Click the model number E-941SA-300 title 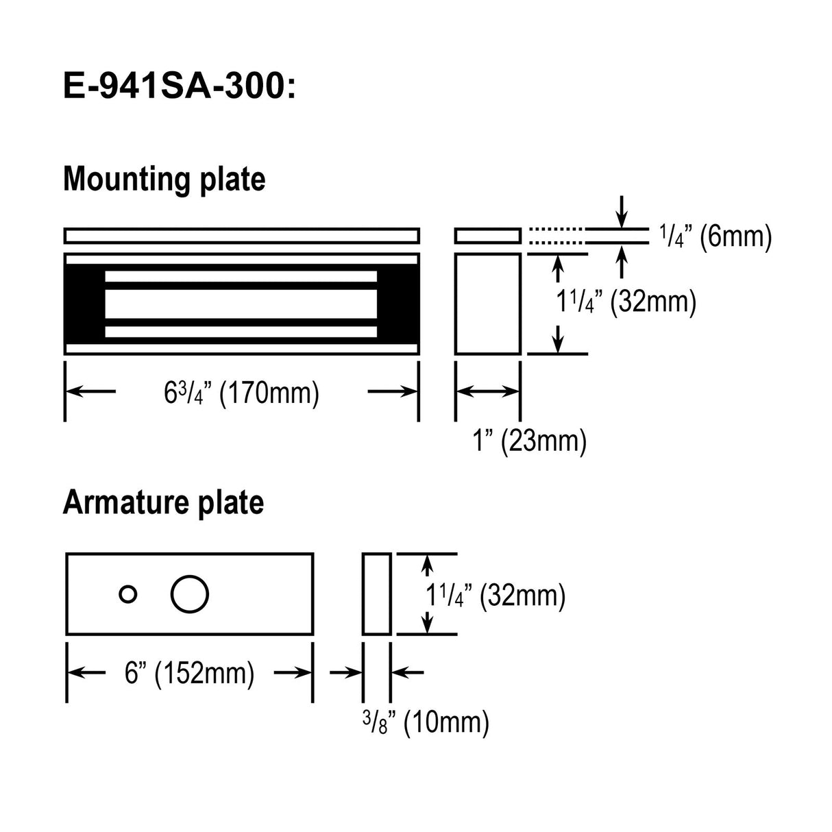tap(180, 87)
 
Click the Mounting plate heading tap(164, 179)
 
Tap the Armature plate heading tap(163, 502)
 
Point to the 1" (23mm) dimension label tap(529, 441)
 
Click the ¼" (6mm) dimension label tap(715, 236)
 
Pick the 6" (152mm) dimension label tap(189, 673)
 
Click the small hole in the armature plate tap(127, 594)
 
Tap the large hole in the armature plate tap(189, 594)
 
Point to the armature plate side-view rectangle tap(376, 594)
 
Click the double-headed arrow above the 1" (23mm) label tap(487, 391)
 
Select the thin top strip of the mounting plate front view tap(241, 236)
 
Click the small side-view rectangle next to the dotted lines tap(487, 236)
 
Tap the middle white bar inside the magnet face tap(241, 304)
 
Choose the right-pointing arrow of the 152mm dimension tap(293, 673)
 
